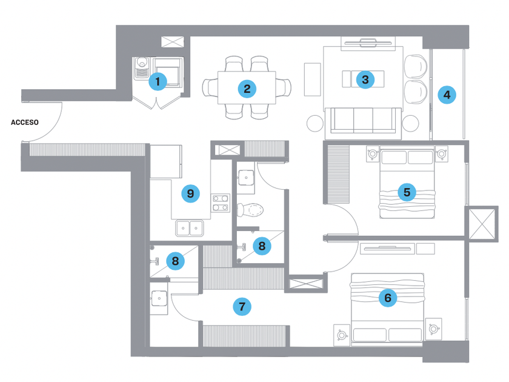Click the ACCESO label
(25, 122)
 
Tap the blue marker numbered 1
(158, 81)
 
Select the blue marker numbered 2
(247, 89)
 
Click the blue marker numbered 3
(365, 79)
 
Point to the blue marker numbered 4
(447, 95)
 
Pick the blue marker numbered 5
(407, 192)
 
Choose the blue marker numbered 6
(388, 298)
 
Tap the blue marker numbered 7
(242, 306)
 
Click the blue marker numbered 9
(190, 193)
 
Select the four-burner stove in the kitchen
(221, 203)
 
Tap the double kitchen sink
(190, 228)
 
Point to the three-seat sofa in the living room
(363, 120)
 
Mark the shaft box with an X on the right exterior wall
(482, 224)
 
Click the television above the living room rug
(368, 42)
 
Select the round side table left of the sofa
(315, 124)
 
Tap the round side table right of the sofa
(411, 124)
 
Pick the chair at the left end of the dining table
(210, 88)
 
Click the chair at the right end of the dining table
(284, 88)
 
